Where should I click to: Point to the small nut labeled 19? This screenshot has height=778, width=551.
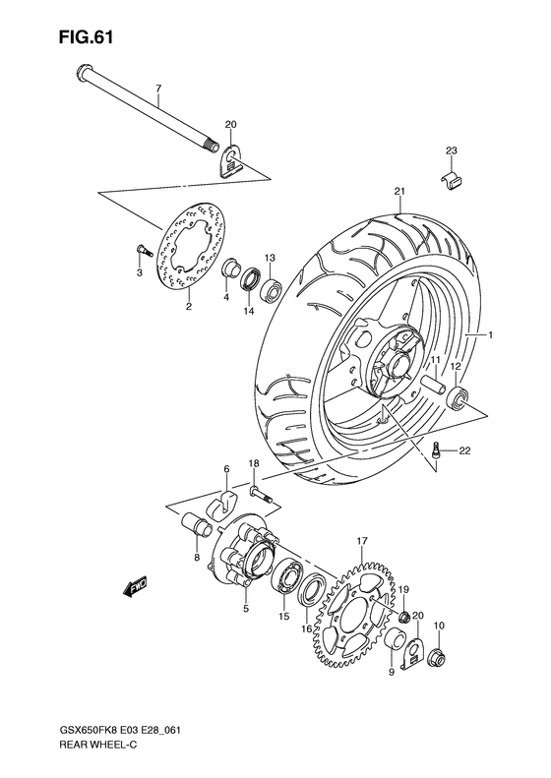tap(401, 617)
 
